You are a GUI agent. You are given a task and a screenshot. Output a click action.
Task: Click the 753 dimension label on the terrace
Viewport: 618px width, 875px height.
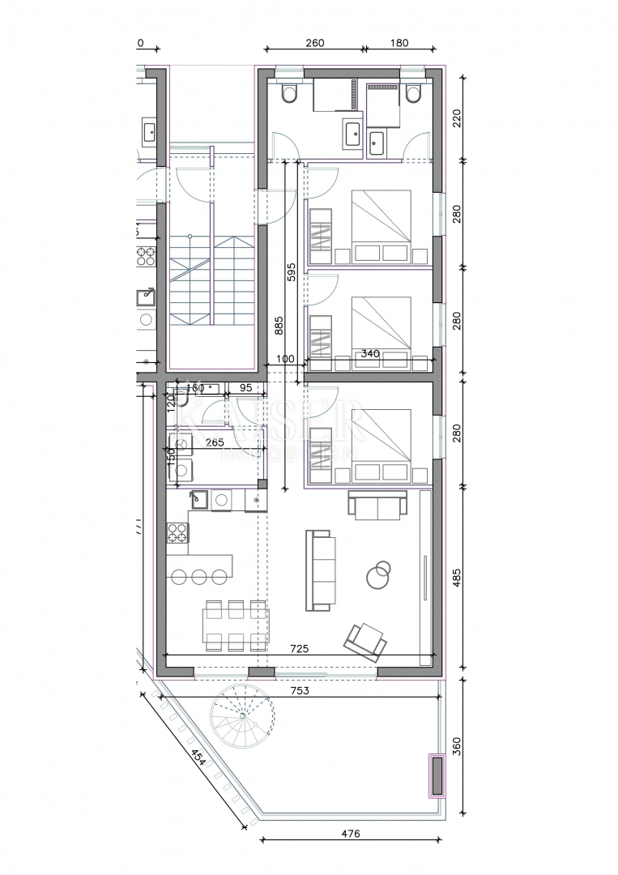pyautogui.click(x=300, y=690)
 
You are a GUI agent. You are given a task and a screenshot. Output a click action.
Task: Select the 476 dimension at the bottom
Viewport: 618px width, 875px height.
pyautogui.click(x=349, y=834)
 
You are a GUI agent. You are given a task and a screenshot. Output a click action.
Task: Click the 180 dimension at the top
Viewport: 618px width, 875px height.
pyautogui.click(x=399, y=44)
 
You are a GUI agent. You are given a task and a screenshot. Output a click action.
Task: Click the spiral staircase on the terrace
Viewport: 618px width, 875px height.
pyautogui.click(x=240, y=717)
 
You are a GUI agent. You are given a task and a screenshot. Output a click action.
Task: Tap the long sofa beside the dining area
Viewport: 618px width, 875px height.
pyautogui.click(x=318, y=570)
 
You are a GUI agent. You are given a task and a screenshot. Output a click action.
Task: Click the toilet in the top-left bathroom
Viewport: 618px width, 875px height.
pyautogui.click(x=289, y=95)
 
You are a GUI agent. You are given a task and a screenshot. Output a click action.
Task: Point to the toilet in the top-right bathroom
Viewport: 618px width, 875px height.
pyautogui.click(x=413, y=95)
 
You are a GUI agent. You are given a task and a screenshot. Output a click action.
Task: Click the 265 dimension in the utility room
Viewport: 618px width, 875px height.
pyautogui.click(x=215, y=442)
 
